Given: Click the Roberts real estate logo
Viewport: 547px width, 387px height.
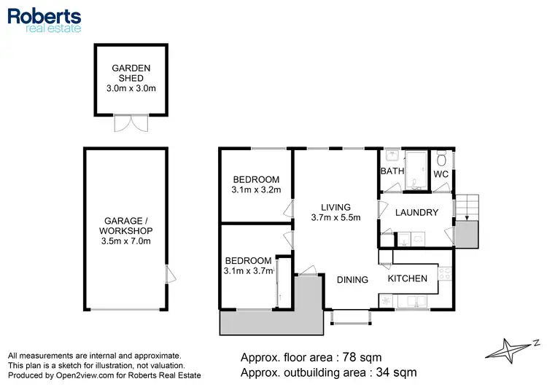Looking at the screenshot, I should [x=44, y=20].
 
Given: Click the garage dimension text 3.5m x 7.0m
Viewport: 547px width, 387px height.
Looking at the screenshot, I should [x=125, y=241].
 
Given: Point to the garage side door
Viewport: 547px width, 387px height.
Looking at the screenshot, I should [x=169, y=275].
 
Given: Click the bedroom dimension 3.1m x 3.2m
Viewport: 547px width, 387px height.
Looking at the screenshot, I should [x=256, y=192].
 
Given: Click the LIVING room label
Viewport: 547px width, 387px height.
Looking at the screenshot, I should [x=335, y=207].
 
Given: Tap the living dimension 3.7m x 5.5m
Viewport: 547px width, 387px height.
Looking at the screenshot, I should [x=335, y=218].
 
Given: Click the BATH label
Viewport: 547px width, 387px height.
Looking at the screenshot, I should [x=392, y=171].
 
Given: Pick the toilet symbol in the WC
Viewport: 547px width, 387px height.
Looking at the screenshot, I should [x=441, y=160].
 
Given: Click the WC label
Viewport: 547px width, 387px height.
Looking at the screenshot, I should [x=441, y=175].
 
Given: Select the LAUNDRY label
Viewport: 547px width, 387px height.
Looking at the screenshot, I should [x=416, y=213].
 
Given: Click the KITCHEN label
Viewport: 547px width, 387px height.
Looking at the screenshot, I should [x=407, y=278].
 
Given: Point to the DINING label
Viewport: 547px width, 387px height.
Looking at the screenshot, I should [x=352, y=279].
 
